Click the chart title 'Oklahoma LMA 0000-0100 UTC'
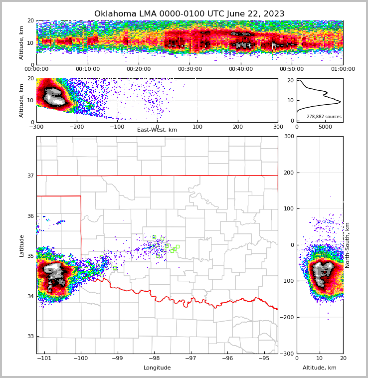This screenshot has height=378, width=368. pos(189,14)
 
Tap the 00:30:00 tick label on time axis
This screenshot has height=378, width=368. pos(190,69)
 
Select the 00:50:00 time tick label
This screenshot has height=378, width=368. pos(292,69)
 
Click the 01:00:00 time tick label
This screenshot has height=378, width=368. pos(343,69)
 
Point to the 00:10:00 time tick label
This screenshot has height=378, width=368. pos(88,69)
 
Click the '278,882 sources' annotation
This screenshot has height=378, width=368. pos(324,117)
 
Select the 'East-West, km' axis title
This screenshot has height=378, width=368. pos(157,130)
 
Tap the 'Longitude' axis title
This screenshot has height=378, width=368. pos(157,368)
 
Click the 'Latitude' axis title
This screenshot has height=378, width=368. pos(22,245)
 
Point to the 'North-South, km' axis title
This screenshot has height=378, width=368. pos(348,245)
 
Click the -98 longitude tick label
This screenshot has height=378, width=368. pos(154,359)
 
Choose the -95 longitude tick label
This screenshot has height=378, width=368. pos(264,359)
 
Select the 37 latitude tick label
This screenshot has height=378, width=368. pos(30,176)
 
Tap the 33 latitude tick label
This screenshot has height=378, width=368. pos(30,336)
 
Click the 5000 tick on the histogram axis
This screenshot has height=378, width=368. pos(325,127)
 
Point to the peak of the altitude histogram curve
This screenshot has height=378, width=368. pos(341,102)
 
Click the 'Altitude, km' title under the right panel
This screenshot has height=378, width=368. pos(320,368)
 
